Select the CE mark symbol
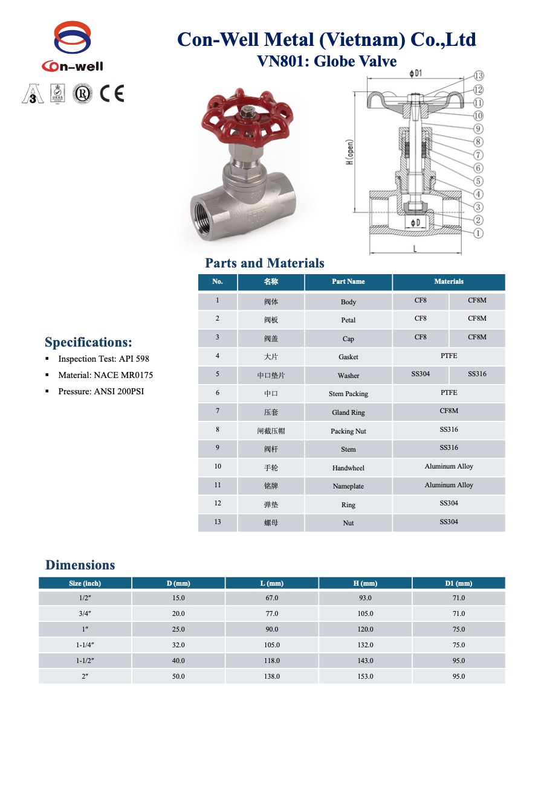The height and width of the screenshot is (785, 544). click(112, 94)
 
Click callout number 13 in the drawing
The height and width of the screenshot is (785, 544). click(478, 76)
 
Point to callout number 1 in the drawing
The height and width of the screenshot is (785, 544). click(478, 234)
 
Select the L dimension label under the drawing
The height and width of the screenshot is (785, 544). click(414, 248)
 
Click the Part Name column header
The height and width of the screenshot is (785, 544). click(348, 281)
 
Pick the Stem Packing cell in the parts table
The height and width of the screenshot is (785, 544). click(348, 394)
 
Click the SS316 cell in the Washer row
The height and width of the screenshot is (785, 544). click(476, 374)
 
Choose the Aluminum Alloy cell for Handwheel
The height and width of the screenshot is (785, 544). click(448, 467)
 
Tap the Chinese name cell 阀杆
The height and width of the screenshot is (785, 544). click(271, 449)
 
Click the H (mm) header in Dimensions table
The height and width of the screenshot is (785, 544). click(365, 583)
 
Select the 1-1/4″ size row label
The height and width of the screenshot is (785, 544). click(85, 645)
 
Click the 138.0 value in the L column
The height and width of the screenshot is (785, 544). click(271, 676)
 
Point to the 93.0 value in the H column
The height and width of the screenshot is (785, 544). click(365, 598)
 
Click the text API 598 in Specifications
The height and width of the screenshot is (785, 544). click(134, 359)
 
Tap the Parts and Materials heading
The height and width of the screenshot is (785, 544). click(265, 263)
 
